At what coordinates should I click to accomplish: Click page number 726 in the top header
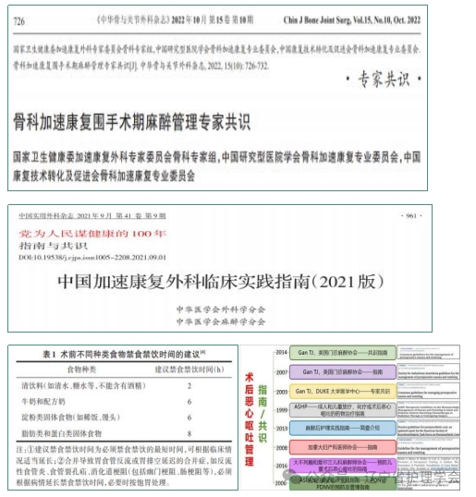18,19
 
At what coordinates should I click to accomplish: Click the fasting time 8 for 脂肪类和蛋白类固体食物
189,434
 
